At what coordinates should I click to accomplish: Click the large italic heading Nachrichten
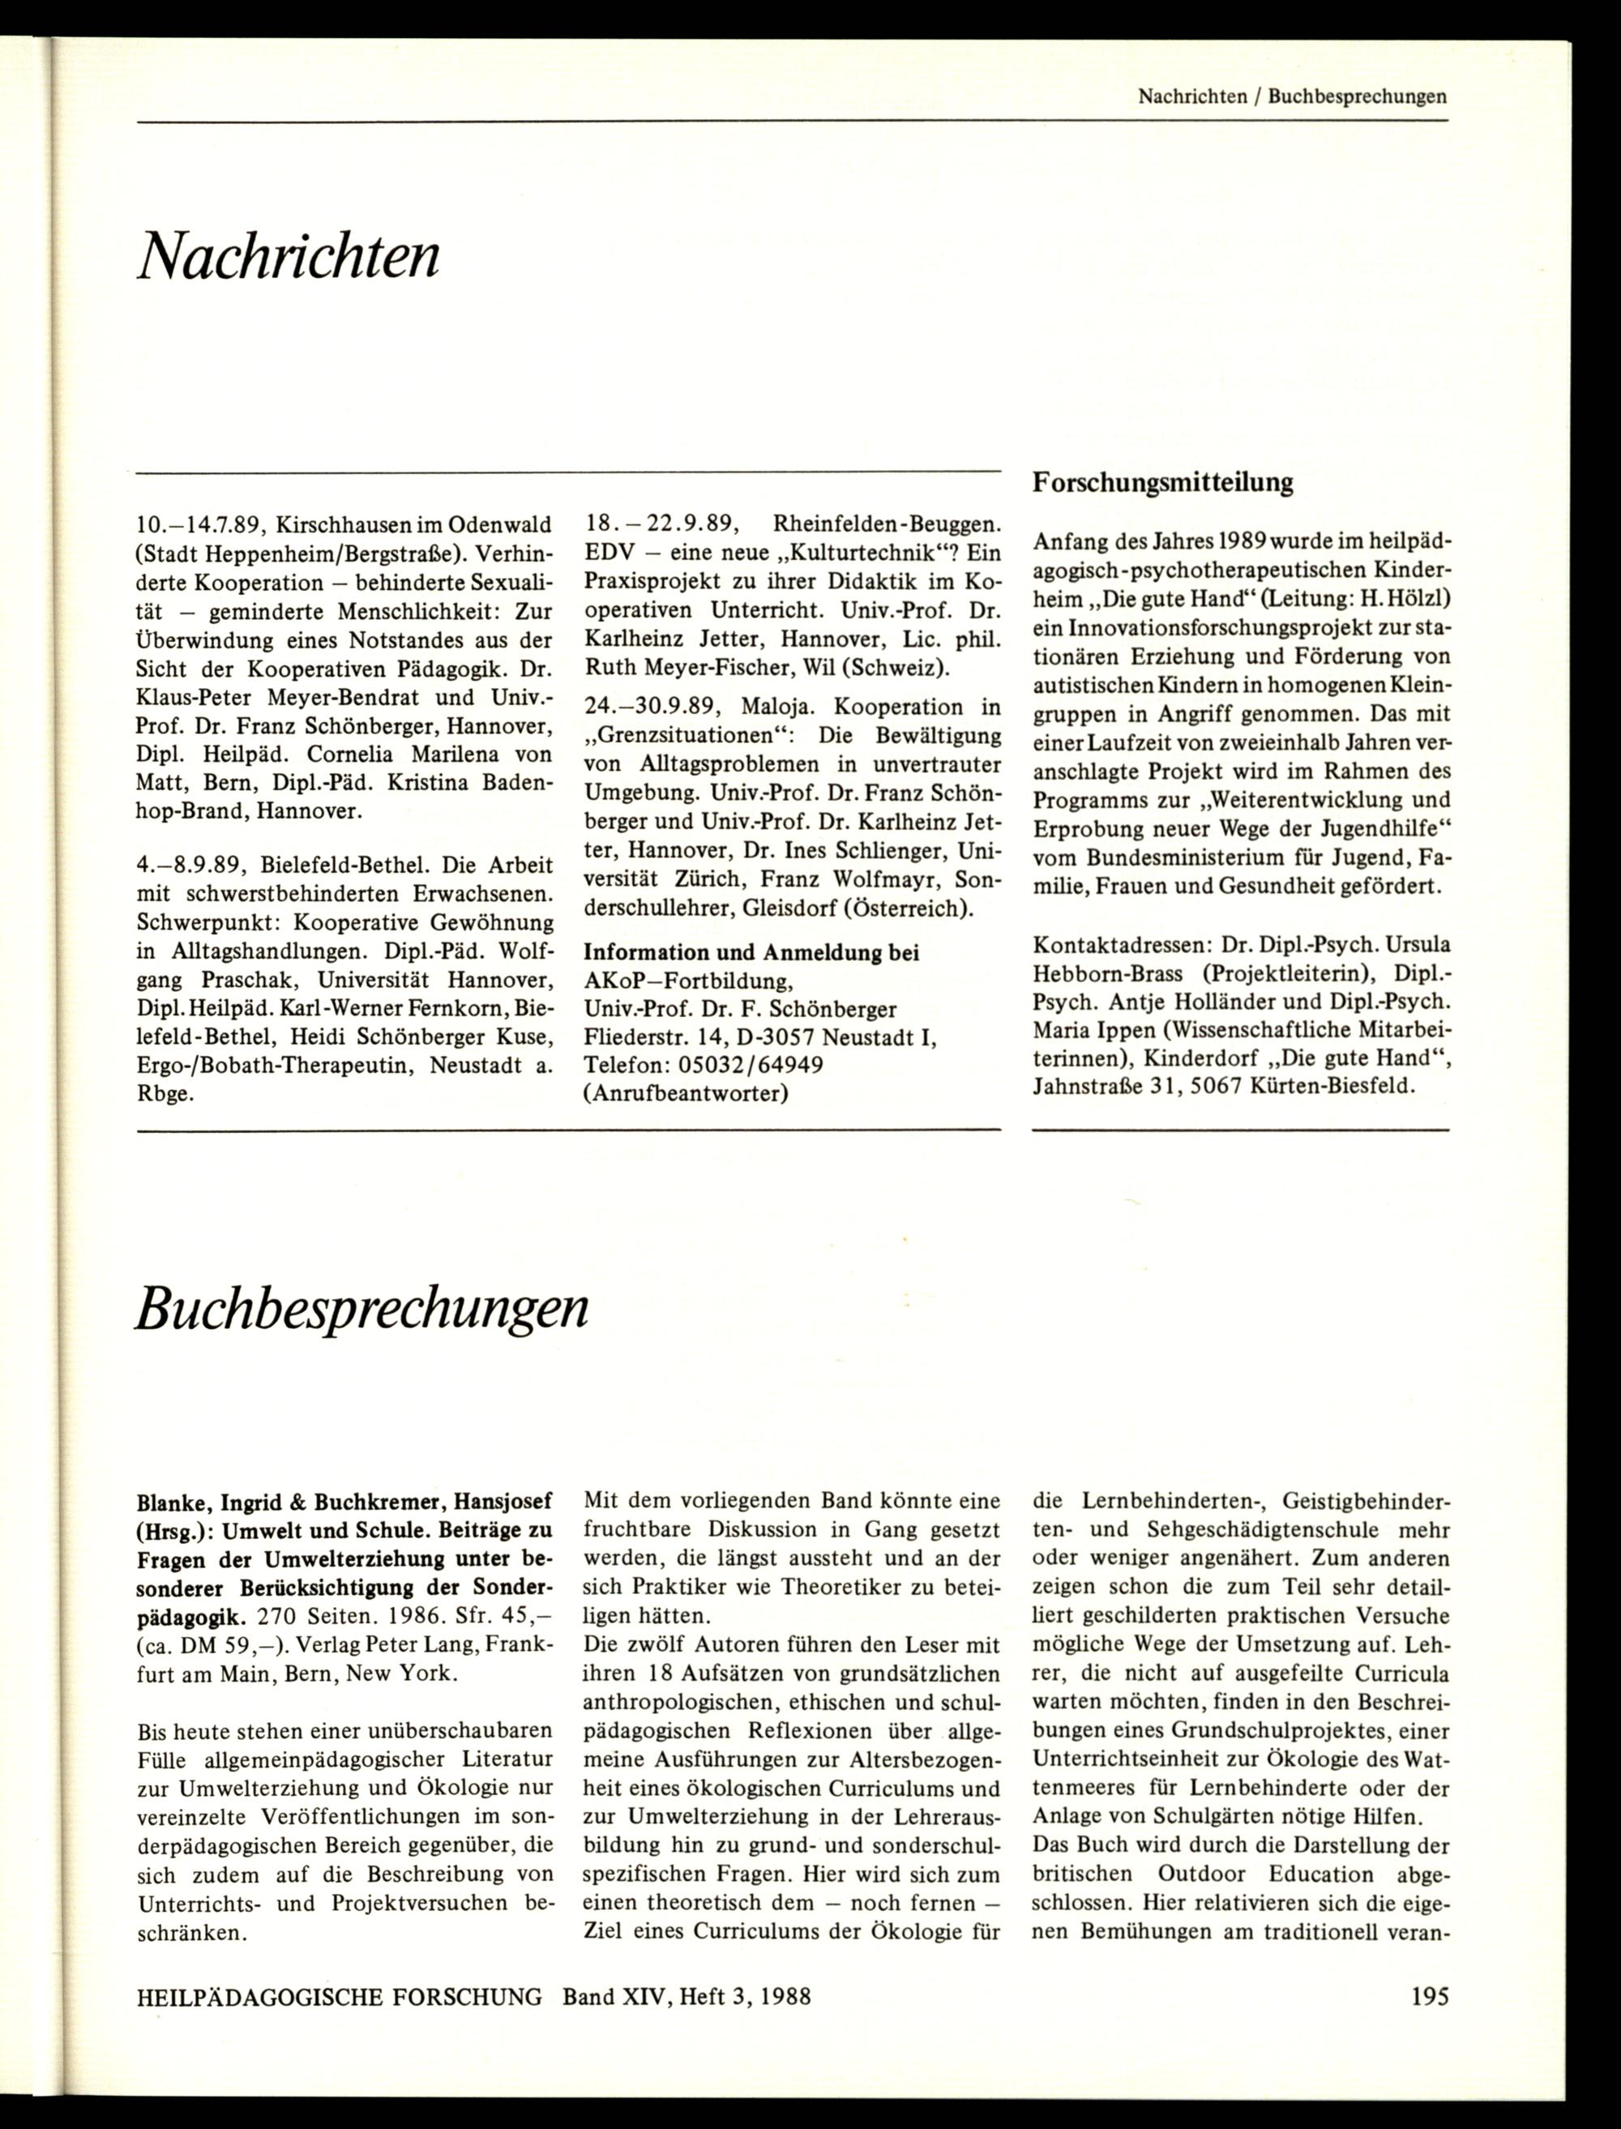pyautogui.click(x=288, y=257)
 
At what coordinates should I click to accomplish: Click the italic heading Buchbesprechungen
pyautogui.click(x=361, y=1307)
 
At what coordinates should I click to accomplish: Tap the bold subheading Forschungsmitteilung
pyautogui.click(x=1163, y=482)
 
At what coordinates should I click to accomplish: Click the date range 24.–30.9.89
pyautogui.click(x=653, y=707)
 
